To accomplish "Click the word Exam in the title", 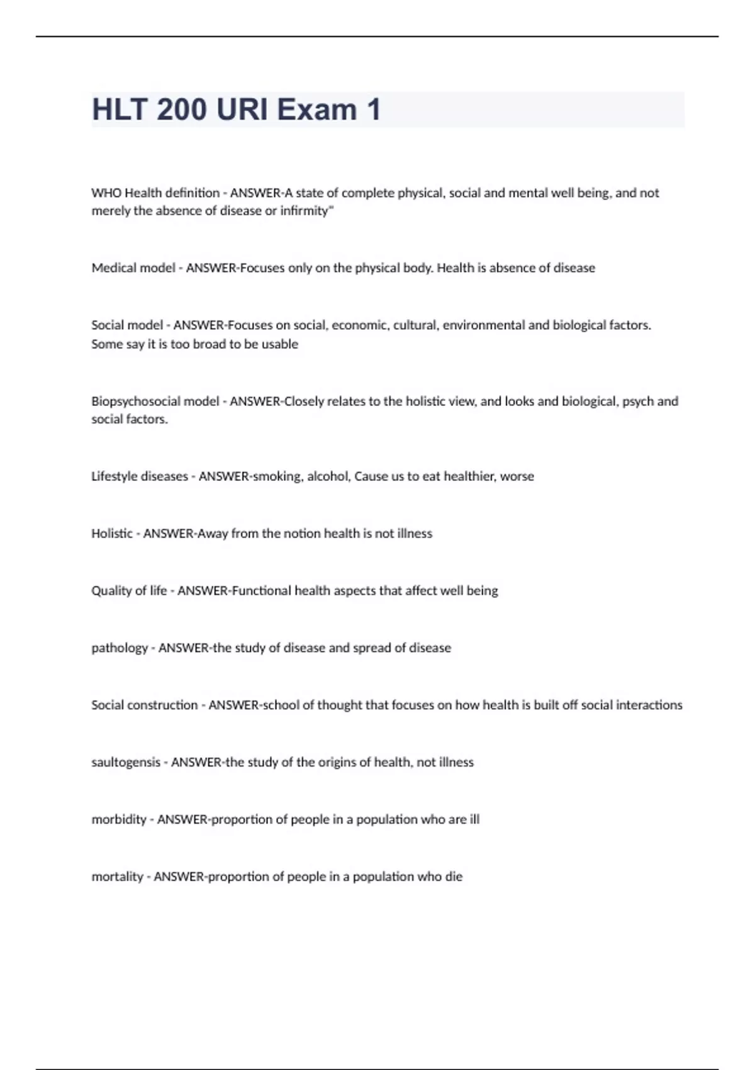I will [316, 110].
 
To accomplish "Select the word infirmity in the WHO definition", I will [305, 211].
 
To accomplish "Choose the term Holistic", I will [112, 534].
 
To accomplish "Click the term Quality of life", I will [129, 591].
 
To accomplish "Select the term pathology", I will [120, 648].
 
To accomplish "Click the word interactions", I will [651, 705].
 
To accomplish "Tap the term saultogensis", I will [126, 762].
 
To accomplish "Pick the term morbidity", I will [119, 819].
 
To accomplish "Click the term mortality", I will [118, 877].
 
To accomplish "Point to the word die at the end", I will [454, 877].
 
